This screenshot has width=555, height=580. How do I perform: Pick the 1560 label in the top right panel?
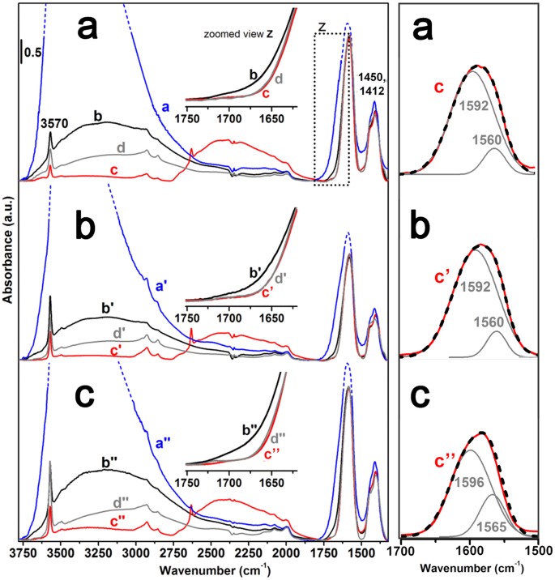coord(502,139)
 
